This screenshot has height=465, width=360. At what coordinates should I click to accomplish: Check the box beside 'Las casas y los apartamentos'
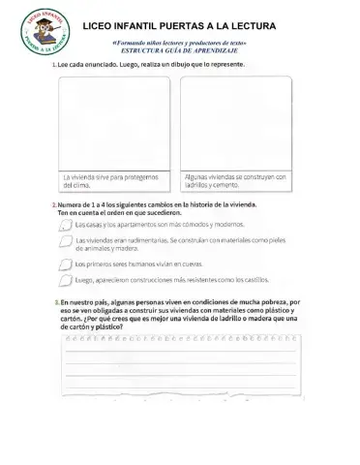click(x=65, y=225)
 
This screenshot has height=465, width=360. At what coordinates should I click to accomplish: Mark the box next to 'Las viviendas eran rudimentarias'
click(x=65, y=242)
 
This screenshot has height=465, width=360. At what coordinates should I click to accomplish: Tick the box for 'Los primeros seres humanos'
click(x=65, y=263)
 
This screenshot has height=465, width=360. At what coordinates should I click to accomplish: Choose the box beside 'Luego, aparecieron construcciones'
click(x=65, y=281)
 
